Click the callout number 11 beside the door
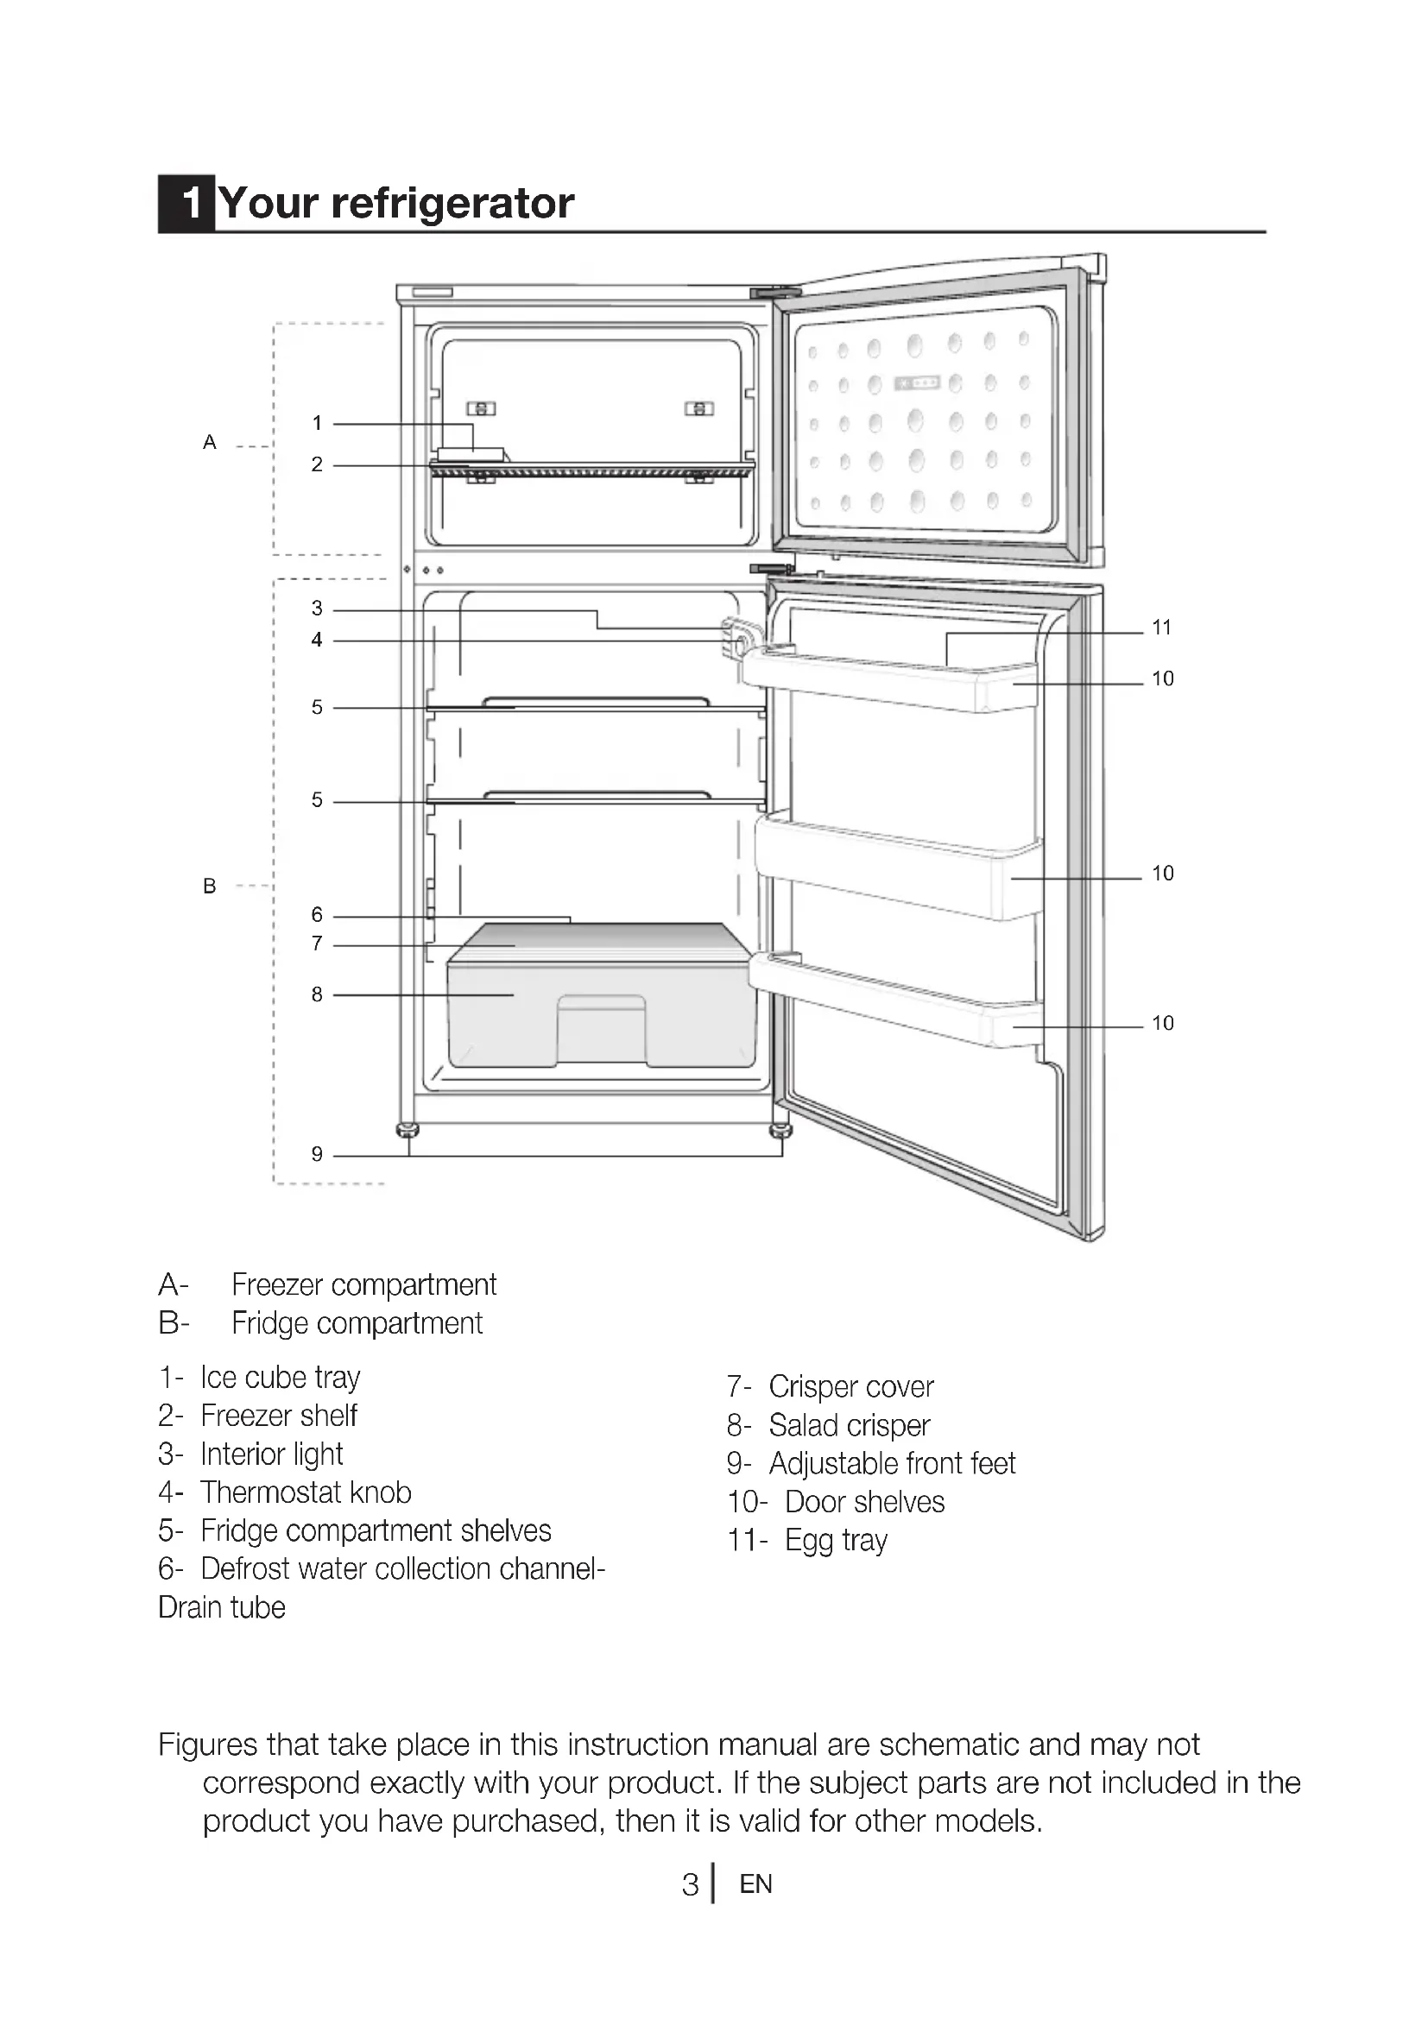click(x=1161, y=628)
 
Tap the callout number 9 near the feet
click(x=317, y=1154)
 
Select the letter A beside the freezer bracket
click(x=209, y=442)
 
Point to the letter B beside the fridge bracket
click(x=209, y=886)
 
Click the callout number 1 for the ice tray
click(x=317, y=423)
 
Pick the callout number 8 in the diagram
click(x=317, y=994)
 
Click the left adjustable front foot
click(x=408, y=1129)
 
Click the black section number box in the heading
click(x=186, y=204)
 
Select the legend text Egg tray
click(x=836, y=1541)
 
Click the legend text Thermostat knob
click(x=305, y=1492)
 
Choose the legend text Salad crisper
click(x=849, y=1425)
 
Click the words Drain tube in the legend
click(x=222, y=1607)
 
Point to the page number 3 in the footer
click(x=691, y=1884)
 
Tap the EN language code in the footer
click(x=756, y=1884)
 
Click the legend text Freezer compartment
click(x=364, y=1285)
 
